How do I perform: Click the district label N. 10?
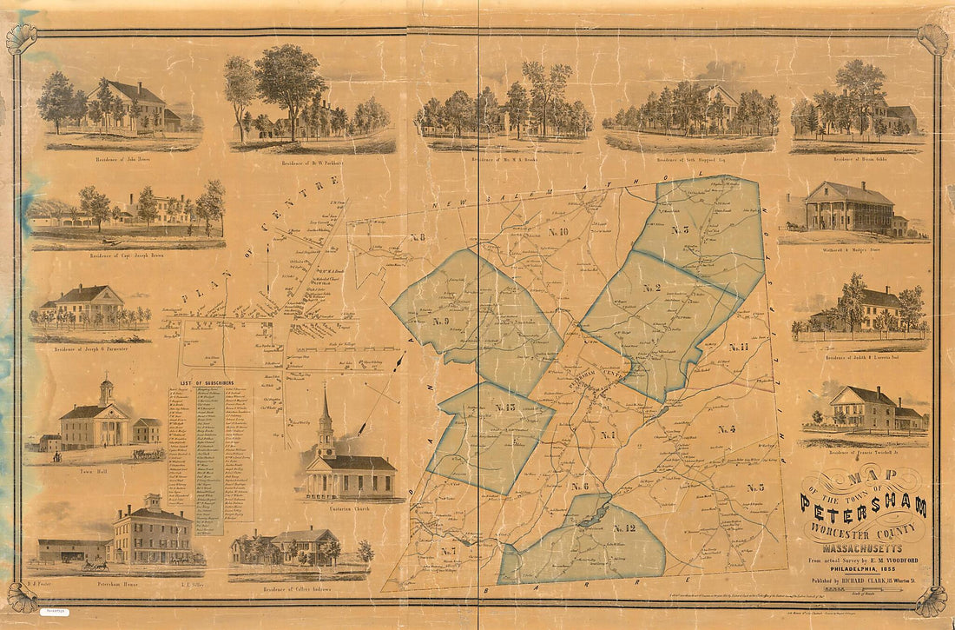[x=557, y=232]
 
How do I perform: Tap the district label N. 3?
[x=679, y=230]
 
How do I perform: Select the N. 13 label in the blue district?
[x=505, y=408]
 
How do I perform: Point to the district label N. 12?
[x=624, y=527]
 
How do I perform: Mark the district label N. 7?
[x=448, y=551]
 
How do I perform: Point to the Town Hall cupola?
[x=106, y=390]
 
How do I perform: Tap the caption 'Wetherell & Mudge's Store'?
[x=850, y=246]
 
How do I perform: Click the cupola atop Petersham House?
[x=153, y=502]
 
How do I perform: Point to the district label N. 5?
[x=754, y=487]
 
